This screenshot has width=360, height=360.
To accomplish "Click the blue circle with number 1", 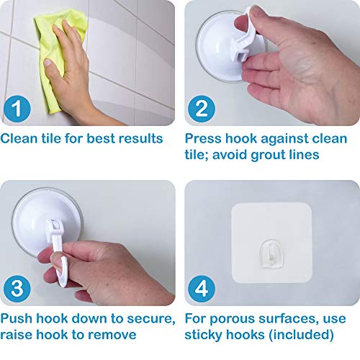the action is pyautogui.click(x=17, y=109).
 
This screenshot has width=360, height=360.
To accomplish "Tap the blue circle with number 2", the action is pyautogui.click(x=202, y=109).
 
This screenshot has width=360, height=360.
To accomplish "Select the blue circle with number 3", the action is pyautogui.click(x=17, y=289).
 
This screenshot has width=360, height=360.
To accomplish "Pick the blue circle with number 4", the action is pyautogui.click(x=202, y=289).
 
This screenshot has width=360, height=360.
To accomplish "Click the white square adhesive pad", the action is pyautogui.click(x=271, y=243).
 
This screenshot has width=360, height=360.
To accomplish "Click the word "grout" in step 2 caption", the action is pyautogui.click(x=268, y=155).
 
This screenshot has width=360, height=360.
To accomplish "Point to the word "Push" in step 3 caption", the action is pyautogui.click(x=17, y=319).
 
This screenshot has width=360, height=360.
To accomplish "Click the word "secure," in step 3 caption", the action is pyautogui.click(x=151, y=319).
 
